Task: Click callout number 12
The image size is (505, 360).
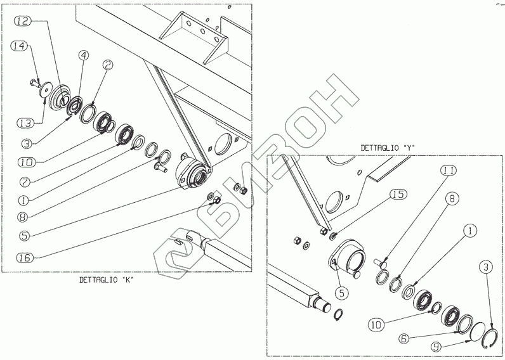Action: coord(22,22)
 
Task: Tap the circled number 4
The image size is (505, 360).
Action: coord(83,56)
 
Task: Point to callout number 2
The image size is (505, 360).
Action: coord(108,65)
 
